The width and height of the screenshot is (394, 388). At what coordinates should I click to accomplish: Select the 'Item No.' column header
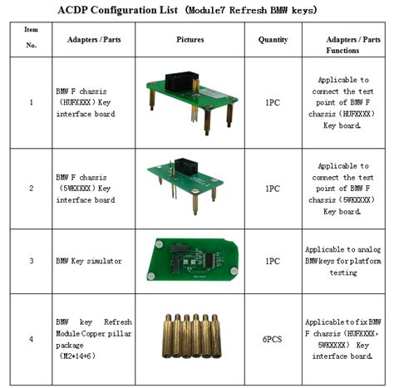click(32, 39)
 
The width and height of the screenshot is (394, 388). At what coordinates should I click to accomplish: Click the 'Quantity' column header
click(273, 39)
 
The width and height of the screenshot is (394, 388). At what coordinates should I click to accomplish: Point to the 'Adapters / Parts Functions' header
click(347, 44)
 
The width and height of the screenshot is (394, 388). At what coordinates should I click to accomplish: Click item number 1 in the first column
click(32, 103)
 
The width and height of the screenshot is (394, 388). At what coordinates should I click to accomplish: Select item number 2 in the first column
click(32, 189)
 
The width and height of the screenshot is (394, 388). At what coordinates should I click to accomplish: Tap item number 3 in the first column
click(32, 261)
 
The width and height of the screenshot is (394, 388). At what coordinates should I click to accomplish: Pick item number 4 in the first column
click(32, 338)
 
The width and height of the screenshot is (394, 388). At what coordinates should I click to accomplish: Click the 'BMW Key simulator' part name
click(88, 261)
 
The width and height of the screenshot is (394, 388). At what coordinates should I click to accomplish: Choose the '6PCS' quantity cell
click(273, 338)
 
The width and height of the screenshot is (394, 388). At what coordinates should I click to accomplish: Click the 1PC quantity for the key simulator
click(273, 261)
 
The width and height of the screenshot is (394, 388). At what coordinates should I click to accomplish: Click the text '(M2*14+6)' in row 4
click(76, 356)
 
